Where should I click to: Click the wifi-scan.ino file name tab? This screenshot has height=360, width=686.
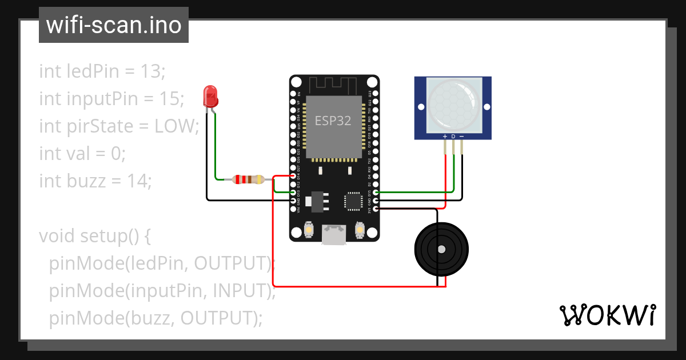[113, 25]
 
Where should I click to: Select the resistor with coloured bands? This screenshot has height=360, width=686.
[248, 179]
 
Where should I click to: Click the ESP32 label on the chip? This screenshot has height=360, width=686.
[333, 121]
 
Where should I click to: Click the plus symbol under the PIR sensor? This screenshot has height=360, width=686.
[445, 137]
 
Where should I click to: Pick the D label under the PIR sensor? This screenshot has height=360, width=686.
[453, 137]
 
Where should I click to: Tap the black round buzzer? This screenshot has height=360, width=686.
[441, 249]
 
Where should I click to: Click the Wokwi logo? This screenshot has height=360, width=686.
[607, 315]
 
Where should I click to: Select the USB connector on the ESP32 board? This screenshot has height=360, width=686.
[334, 234]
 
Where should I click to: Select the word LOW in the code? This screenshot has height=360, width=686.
[175, 126]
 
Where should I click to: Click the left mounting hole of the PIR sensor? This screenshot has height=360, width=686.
[421, 107]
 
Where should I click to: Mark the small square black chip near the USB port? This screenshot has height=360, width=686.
[353, 201]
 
